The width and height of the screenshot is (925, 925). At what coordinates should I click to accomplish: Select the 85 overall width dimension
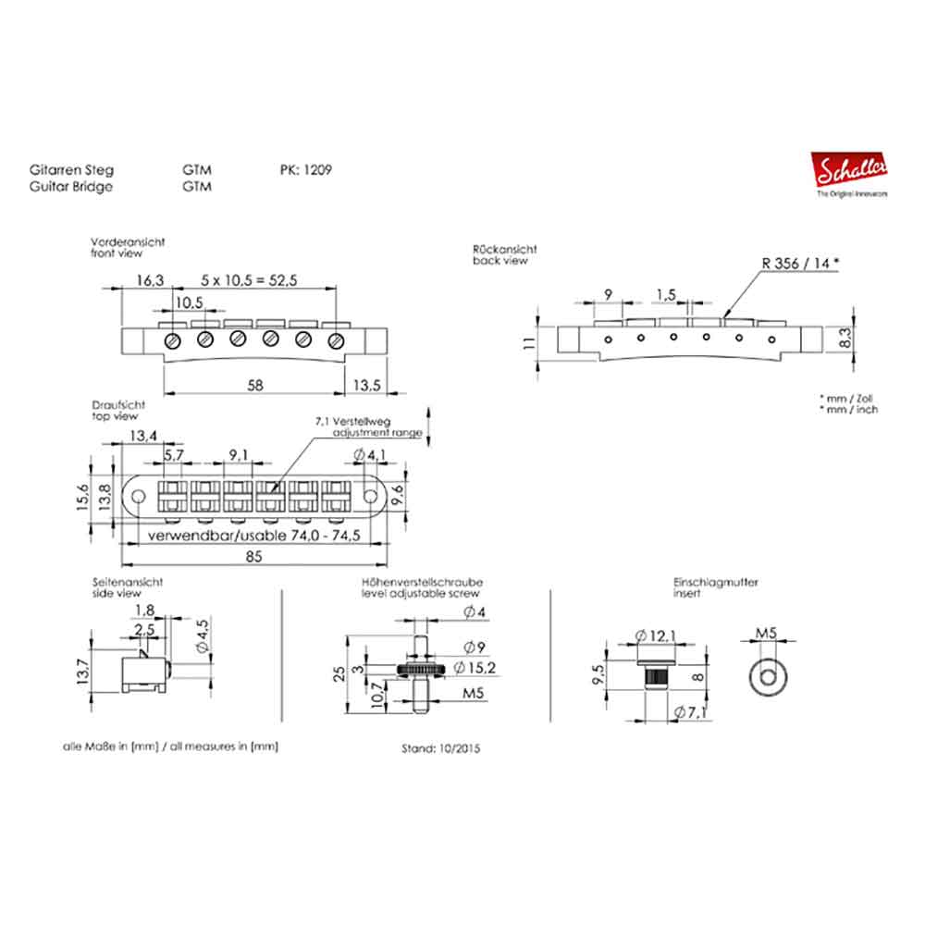point(254,555)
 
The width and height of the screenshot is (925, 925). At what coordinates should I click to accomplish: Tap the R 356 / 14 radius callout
point(800,262)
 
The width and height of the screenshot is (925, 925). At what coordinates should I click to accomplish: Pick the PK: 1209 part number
point(305,170)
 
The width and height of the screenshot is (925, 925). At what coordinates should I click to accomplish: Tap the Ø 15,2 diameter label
point(473,668)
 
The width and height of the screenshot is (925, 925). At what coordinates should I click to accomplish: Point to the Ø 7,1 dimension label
point(691,710)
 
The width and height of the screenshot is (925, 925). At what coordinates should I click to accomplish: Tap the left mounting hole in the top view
point(138,498)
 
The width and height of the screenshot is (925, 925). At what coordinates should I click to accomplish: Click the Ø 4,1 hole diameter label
point(376,455)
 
